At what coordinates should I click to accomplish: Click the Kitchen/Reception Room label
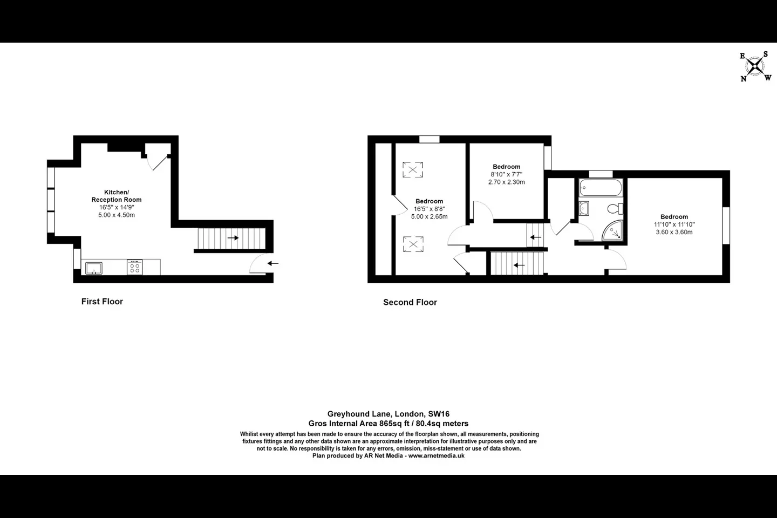point(117,196)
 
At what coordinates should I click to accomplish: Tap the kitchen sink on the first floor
point(94,268)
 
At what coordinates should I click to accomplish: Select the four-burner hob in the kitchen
point(134,267)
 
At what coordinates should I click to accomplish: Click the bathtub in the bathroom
point(601,188)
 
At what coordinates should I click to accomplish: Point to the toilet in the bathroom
point(615,209)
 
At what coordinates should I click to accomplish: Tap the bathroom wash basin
point(584,208)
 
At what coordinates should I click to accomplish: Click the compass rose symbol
point(755,66)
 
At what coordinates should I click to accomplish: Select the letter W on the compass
point(768,78)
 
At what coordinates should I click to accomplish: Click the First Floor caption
point(102,302)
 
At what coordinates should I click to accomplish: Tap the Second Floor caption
point(410,302)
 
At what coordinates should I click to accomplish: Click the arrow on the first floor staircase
point(233,238)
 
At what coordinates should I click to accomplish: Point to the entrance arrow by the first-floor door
point(273,263)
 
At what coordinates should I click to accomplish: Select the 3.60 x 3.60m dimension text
point(674,232)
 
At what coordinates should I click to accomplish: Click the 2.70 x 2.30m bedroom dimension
point(507,182)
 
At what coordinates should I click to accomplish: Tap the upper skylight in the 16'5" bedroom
point(413,169)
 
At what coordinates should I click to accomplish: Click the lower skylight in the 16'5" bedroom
point(413,244)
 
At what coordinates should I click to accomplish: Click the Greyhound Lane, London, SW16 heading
point(388,414)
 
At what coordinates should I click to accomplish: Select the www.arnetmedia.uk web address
point(437,456)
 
